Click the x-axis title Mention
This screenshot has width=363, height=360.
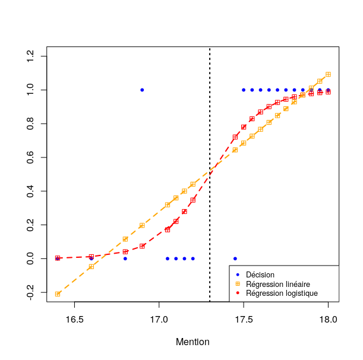pyautogui.click(x=192, y=342)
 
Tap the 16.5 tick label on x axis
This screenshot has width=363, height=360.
pyautogui.click(x=74, y=320)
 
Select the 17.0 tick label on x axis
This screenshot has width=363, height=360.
pyautogui.click(x=159, y=320)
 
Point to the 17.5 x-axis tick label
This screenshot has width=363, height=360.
pyautogui.click(x=244, y=320)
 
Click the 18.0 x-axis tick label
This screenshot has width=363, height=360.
pyautogui.click(x=328, y=320)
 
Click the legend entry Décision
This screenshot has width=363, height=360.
pyautogui.click(x=260, y=275)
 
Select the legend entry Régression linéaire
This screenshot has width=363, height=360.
pyautogui.click(x=277, y=285)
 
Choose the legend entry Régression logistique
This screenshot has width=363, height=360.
pyautogui.click(x=282, y=293)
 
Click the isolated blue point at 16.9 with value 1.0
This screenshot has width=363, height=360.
pyautogui.click(x=142, y=90)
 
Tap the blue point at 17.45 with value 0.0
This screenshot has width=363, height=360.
pyautogui.click(x=235, y=258)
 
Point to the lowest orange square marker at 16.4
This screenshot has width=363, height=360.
pyautogui.click(x=58, y=294)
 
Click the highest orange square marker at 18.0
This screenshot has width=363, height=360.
pyautogui.click(x=328, y=74)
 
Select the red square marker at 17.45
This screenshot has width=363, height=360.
pyautogui.click(x=235, y=137)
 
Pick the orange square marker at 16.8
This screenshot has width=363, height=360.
pyautogui.click(x=125, y=239)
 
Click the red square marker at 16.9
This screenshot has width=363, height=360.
pyautogui.click(x=142, y=246)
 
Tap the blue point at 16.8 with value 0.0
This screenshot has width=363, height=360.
pyautogui.click(x=125, y=258)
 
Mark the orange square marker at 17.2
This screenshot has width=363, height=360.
pyautogui.click(x=192, y=184)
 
